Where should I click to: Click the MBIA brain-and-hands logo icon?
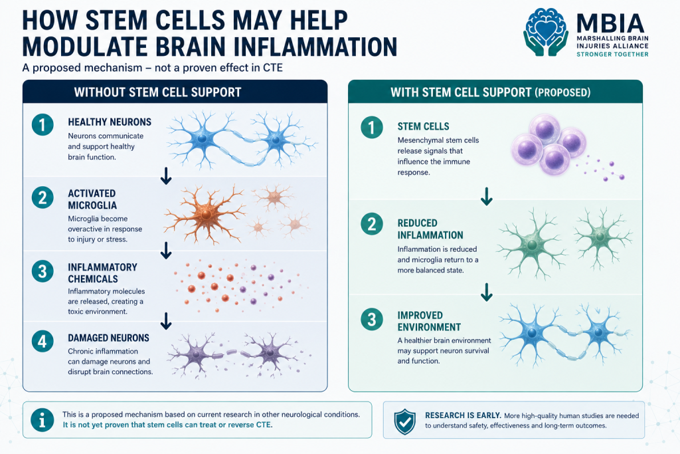coord(546,32)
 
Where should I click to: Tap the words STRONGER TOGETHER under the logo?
coord(612,55)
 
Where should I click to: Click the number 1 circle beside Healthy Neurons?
coord(42,125)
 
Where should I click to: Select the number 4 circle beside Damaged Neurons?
coord(42,341)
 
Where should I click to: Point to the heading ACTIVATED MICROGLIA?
coord(92,199)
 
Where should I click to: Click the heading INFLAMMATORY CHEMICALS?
coord(102,273)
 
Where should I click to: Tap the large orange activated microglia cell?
coord(204,215)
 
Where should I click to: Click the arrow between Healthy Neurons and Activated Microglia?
coord(166,175)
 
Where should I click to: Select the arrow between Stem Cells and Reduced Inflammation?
coord(487,196)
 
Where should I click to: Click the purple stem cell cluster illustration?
coord(549,145)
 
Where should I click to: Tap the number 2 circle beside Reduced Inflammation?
coord(372,224)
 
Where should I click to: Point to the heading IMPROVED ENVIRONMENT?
coord(429,321)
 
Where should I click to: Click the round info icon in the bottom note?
coord(42,420)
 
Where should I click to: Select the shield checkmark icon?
coord(404,421)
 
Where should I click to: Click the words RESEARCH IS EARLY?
coord(463,415)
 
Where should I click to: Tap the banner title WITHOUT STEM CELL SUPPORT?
coord(157,92)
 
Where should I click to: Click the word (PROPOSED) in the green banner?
coord(562,92)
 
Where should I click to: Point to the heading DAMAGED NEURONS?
coord(108,338)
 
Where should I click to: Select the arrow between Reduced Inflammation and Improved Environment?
coord(487,292)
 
